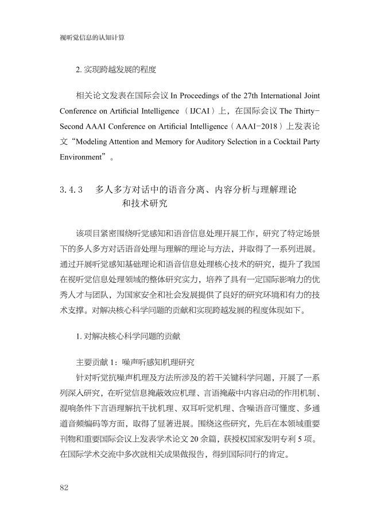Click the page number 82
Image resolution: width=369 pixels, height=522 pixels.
(x=64, y=488)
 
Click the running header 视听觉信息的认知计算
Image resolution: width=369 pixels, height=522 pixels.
(x=92, y=37)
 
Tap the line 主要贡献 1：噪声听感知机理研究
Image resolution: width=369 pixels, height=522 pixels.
(x=135, y=363)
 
